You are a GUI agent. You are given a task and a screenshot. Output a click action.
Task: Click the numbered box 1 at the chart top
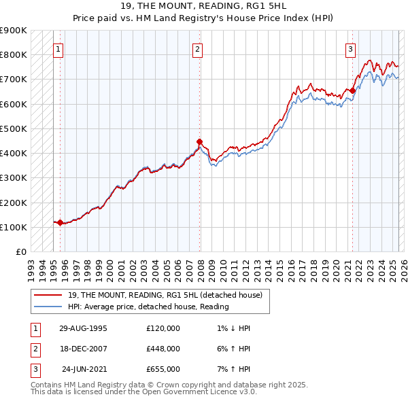[59, 49]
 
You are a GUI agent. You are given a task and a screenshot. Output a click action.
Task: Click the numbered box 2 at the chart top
[197, 49]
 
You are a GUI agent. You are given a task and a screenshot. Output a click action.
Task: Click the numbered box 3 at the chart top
[350, 49]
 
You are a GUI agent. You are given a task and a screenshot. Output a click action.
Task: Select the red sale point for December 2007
[200, 142]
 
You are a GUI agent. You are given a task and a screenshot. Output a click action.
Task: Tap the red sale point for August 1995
[60, 222]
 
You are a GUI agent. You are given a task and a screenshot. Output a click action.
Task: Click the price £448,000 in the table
[163, 349]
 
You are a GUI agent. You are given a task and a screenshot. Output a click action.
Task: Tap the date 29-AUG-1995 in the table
[83, 328]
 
